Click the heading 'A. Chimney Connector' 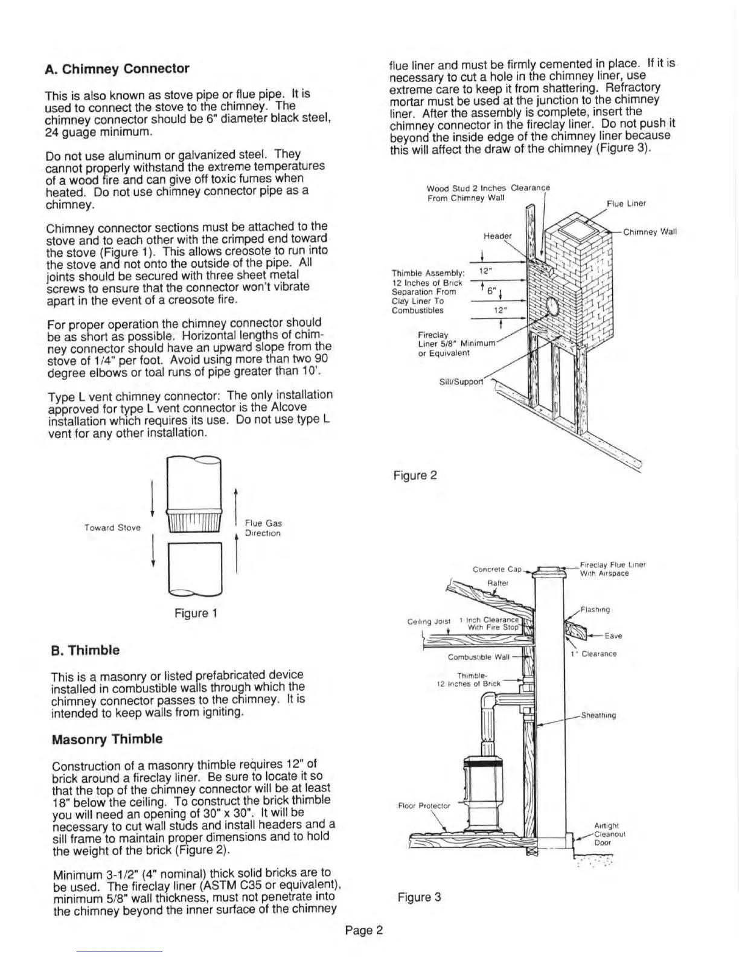(x=117, y=69)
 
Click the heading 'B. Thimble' (x=85, y=651)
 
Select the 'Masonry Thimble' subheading (x=107, y=739)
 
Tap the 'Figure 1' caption (x=195, y=614)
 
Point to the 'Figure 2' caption (x=415, y=475)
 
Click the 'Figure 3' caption (x=419, y=897)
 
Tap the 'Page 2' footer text (x=364, y=930)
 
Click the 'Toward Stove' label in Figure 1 (x=112, y=527)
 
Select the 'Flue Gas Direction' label (x=263, y=528)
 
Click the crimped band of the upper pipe (x=194, y=520)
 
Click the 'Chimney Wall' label (x=650, y=232)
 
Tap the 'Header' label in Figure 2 (x=497, y=236)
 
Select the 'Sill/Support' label (x=461, y=381)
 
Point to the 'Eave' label (x=613, y=636)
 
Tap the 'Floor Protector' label (x=424, y=805)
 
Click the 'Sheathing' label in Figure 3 (x=598, y=715)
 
